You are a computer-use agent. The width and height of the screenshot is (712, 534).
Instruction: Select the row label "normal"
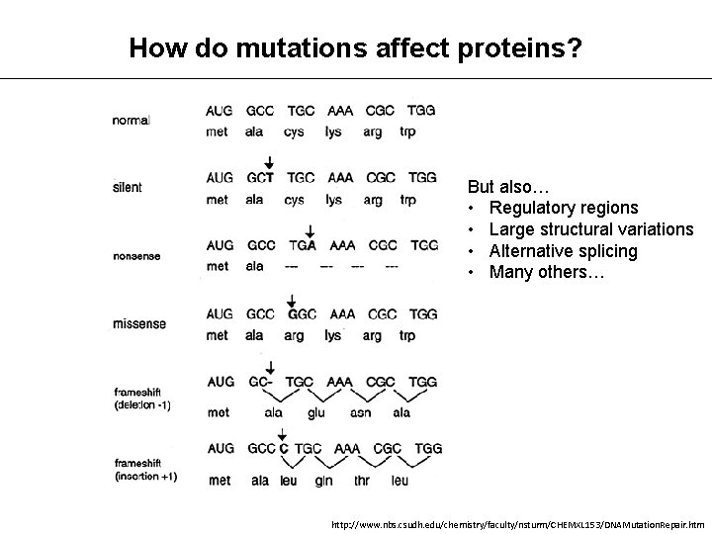[x=133, y=121]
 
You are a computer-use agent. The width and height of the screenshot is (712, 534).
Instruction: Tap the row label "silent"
[x=128, y=188]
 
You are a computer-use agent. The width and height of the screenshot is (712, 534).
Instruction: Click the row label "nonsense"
[x=138, y=255]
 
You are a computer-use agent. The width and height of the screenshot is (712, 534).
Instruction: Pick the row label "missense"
[x=138, y=323]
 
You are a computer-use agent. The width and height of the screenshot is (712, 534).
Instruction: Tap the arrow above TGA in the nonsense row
[x=310, y=229]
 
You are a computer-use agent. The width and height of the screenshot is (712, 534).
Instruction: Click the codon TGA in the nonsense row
[x=303, y=245]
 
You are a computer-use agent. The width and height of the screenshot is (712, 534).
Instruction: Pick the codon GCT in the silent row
[x=261, y=178]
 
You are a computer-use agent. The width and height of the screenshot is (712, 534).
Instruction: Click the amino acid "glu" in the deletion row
[x=315, y=413]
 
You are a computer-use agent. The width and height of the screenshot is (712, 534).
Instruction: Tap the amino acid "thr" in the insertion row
[x=358, y=481]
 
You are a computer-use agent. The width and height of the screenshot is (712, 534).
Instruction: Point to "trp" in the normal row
[x=408, y=132]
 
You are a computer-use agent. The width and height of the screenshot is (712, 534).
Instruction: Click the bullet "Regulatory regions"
[x=564, y=208]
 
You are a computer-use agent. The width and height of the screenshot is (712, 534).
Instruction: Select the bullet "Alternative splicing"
[x=564, y=251]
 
